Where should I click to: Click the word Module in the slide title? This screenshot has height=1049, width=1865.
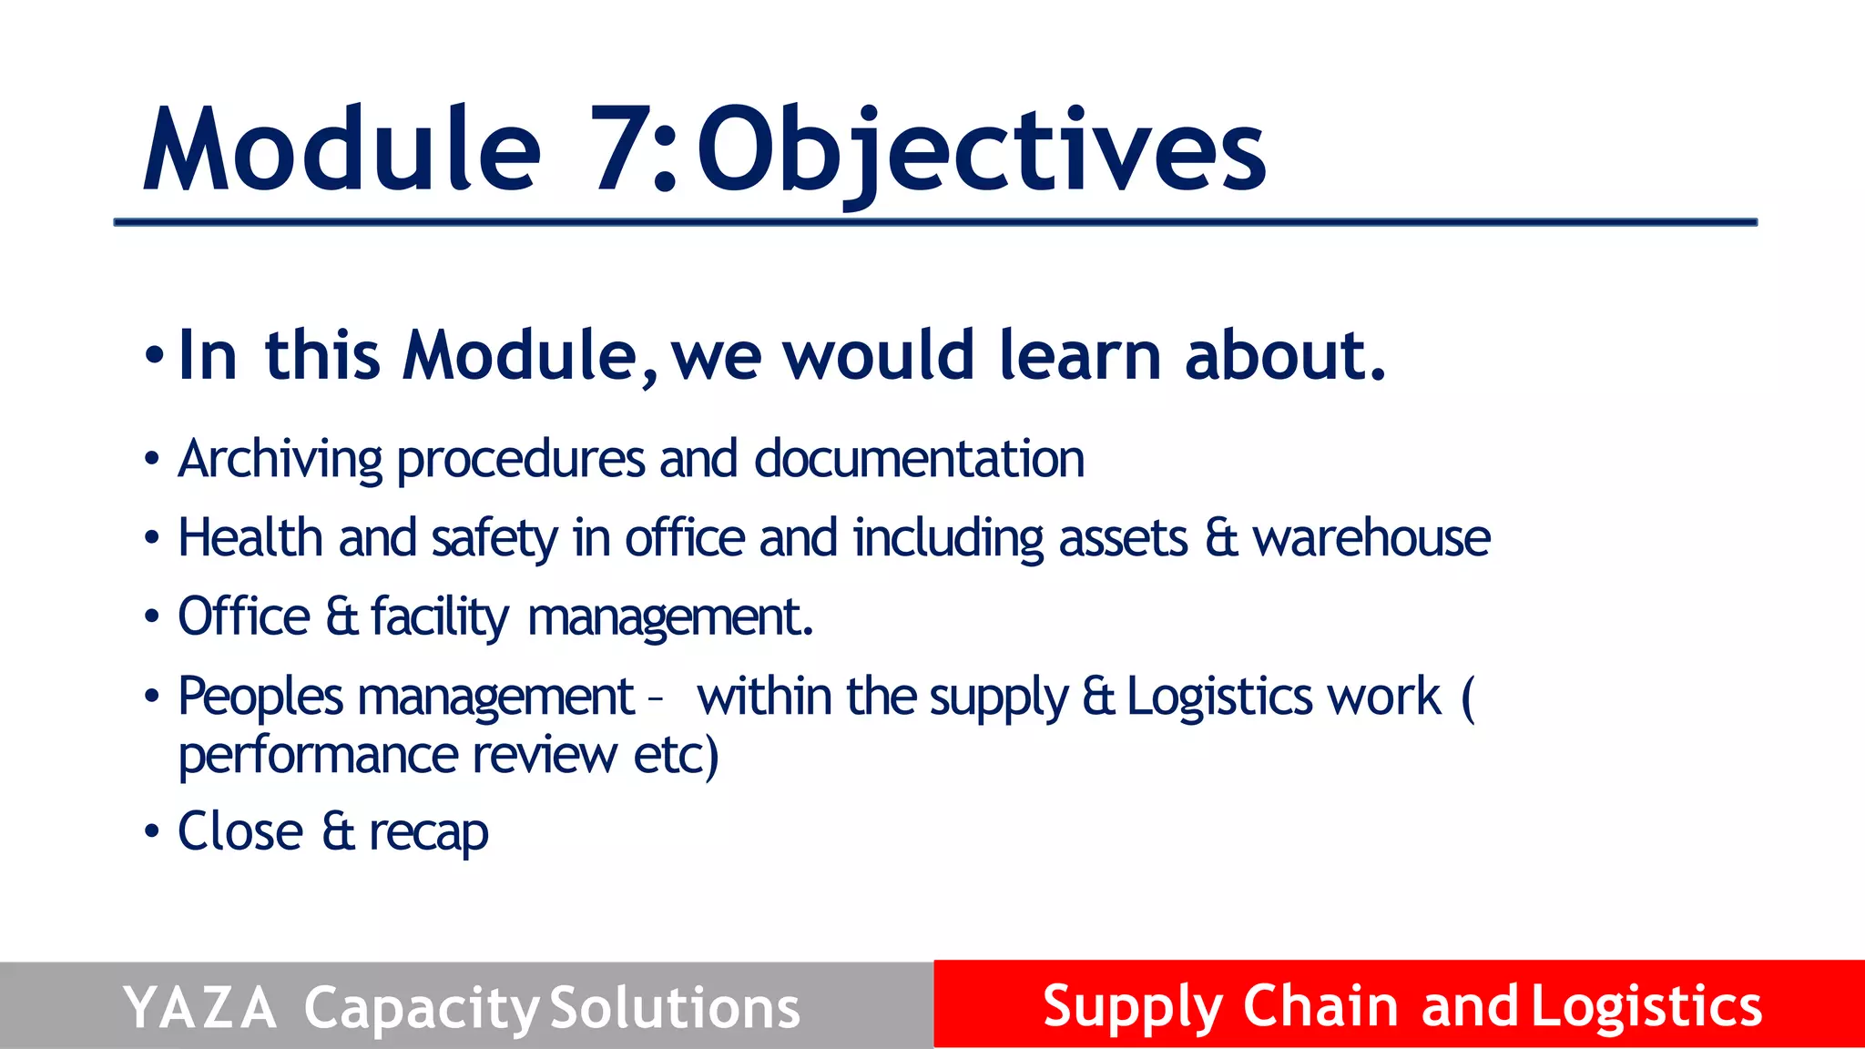342,150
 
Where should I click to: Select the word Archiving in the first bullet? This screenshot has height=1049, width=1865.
280,459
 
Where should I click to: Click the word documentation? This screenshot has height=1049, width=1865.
919,459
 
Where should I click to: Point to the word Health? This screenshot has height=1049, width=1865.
250,537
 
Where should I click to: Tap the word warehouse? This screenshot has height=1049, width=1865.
1371,537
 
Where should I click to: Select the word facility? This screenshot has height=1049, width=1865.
440,617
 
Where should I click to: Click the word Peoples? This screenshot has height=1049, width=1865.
260,698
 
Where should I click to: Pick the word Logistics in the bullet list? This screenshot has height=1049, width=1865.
1220,698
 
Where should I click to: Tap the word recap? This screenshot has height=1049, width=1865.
428,832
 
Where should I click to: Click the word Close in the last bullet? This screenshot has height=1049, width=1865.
240,830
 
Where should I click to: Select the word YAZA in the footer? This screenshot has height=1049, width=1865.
199,1008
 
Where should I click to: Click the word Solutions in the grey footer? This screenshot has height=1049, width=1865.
675,1008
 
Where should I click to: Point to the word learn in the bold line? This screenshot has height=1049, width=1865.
1080,355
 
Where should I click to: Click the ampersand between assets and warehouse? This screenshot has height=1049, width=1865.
1220,537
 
